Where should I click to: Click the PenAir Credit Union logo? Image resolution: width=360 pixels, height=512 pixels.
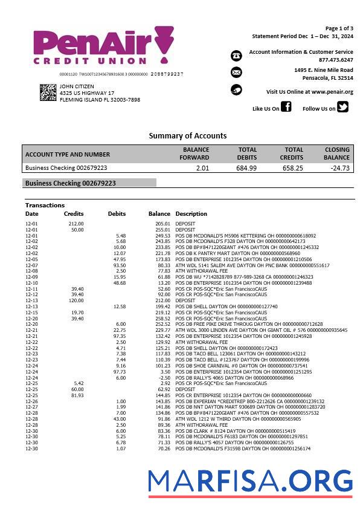(x=103, y=46)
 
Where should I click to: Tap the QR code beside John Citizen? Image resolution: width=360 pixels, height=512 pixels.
(x=48, y=92)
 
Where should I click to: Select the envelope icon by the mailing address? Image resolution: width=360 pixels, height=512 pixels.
(x=236, y=73)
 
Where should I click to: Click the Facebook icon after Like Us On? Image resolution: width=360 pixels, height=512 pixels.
(x=286, y=108)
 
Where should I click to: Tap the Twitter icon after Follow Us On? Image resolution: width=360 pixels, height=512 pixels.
(x=342, y=108)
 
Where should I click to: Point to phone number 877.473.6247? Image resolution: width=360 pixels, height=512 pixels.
(x=336, y=60)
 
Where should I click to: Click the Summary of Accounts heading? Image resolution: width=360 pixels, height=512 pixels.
(x=188, y=135)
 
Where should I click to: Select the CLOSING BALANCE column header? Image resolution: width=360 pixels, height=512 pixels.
(x=336, y=154)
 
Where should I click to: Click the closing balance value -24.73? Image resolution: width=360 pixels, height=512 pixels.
(x=340, y=168)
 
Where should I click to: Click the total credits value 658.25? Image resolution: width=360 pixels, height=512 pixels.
(x=292, y=168)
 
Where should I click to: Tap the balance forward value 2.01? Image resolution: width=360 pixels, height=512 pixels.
(x=202, y=168)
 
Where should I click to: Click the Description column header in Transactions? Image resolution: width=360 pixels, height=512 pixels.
(x=191, y=214)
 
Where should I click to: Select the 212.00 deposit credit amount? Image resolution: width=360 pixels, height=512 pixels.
(x=76, y=224)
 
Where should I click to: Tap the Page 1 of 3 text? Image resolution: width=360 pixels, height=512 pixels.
(x=339, y=28)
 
